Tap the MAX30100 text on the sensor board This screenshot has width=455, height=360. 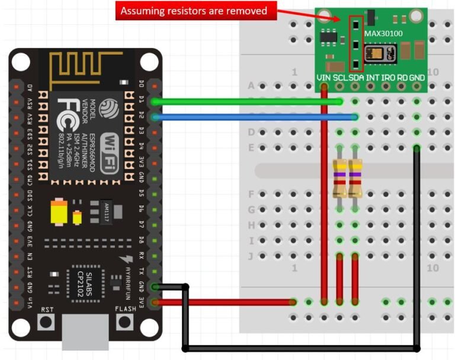coord(383,33)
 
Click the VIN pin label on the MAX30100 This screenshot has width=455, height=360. coord(323,77)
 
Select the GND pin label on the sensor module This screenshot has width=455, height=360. coord(417,77)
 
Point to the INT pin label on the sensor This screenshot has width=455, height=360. coord(373,77)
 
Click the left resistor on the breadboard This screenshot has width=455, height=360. coord(340,178)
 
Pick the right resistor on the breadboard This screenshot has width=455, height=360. coord(355,178)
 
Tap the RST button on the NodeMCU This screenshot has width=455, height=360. coord(46,322)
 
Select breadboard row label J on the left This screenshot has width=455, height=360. coord(251,256)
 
